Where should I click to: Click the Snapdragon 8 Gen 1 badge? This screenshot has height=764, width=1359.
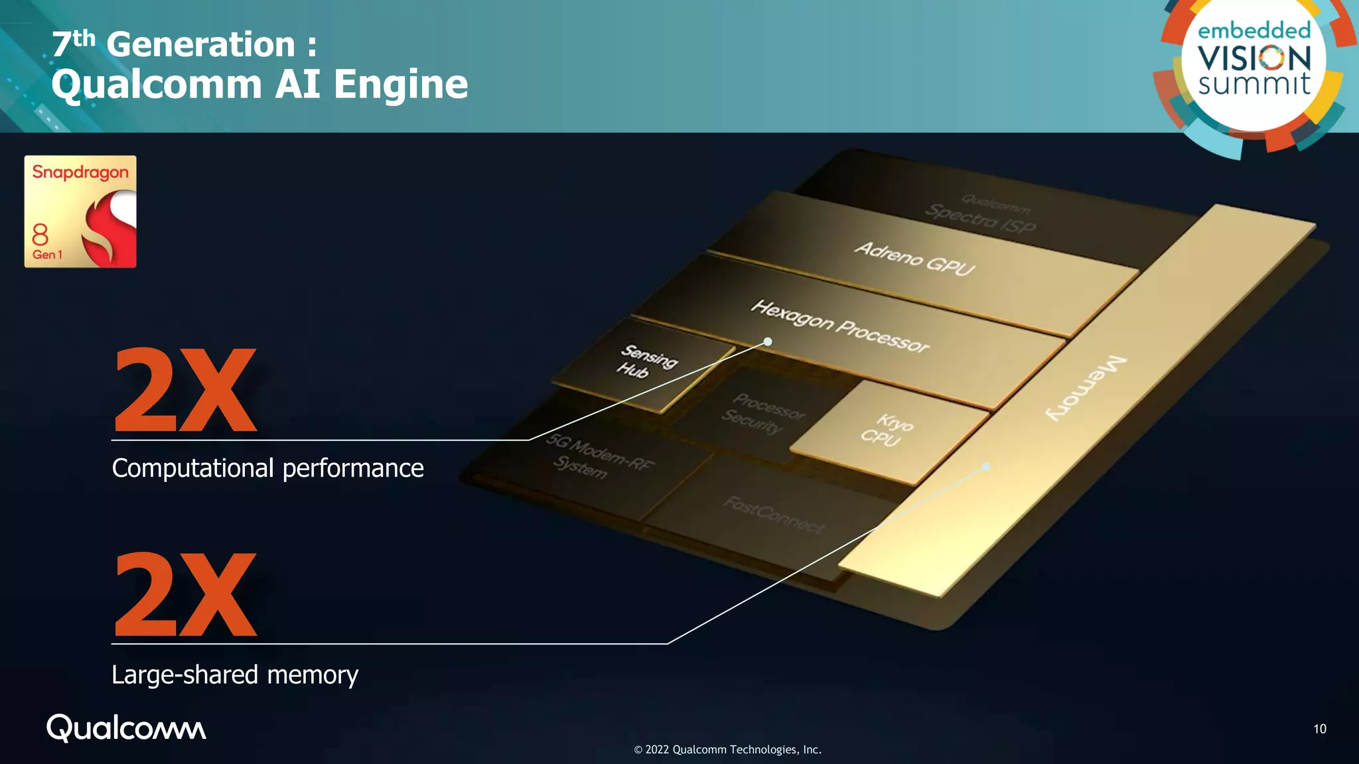click(80, 212)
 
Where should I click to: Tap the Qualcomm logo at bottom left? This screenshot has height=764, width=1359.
click(126, 728)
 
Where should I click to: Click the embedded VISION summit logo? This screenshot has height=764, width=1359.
click(1253, 60)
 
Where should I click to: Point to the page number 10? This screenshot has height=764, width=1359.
click(1319, 729)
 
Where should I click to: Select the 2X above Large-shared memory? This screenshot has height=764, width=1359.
click(185, 595)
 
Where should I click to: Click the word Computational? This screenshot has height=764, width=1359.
click(192, 468)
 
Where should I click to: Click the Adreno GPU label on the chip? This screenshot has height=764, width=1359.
click(914, 258)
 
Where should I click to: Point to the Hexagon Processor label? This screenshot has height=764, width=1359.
click(840, 326)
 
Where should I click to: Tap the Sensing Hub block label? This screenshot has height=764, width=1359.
click(646, 361)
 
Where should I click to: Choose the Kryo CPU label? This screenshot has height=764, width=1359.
click(887, 430)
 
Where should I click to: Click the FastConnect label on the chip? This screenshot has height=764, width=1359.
click(774, 515)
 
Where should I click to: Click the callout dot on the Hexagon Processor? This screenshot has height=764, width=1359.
click(768, 342)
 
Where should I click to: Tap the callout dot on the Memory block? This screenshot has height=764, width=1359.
click(986, 467)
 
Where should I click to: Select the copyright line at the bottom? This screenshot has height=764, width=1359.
click(727, 749)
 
